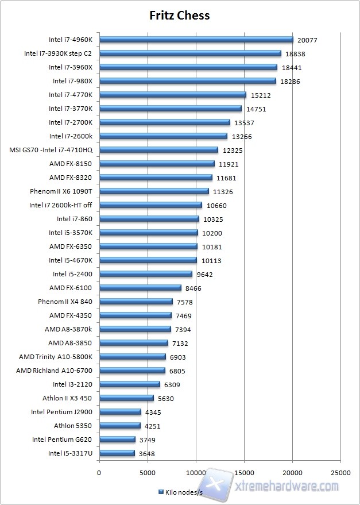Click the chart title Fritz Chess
(x=180, y=16)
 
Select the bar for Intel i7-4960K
(x=196, y=40)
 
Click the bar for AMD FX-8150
(x=157, y=164)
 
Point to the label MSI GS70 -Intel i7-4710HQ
(x=51, y=150)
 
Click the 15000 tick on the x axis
(x=245, y=473)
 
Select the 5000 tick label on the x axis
(x=148, y=473)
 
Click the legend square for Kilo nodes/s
(x=160, y=492)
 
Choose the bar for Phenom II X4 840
(x=136, y=302)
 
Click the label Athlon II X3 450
(x=67, y=398)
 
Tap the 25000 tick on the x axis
(x=341, y=473)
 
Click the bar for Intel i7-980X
(x=187, y=81)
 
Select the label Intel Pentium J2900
(x=61, y=412)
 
